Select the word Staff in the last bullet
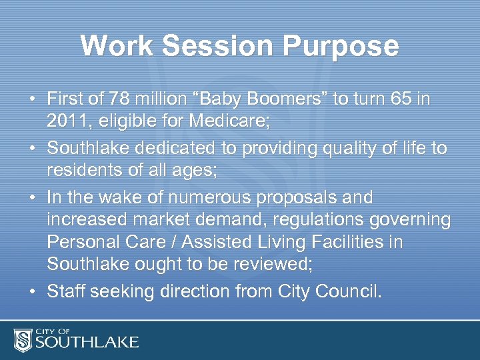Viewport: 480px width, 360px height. [x=65, y=291]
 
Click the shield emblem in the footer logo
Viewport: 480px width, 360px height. [x=24, y=339]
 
